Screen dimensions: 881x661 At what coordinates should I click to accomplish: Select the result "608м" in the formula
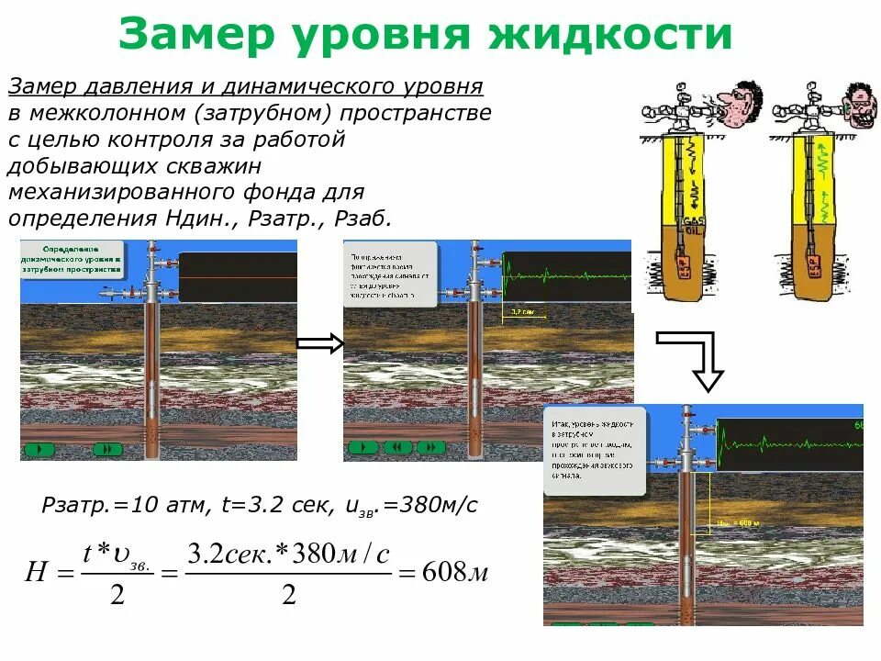pyautogui.click(x=455, y=574)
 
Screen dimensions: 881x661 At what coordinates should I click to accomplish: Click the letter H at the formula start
pyautogui.click(x=36, y=574)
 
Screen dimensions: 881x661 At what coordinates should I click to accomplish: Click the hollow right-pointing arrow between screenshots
pyautogui.click(x=319, y=343)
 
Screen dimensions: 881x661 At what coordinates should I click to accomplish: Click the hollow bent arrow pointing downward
pyautogui.click(x=697, y=359)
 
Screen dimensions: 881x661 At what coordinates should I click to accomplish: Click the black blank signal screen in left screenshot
pyautogui.click(x=238, y=276)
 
